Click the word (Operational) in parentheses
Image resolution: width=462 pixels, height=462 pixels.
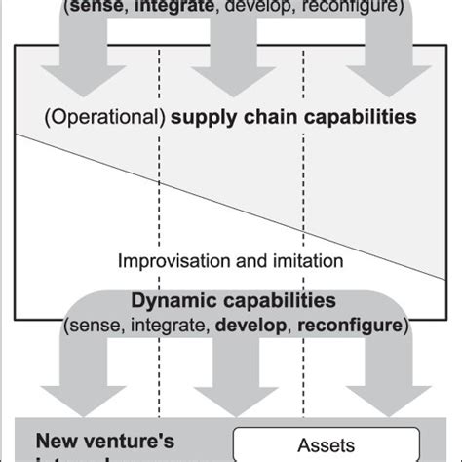point(105,118)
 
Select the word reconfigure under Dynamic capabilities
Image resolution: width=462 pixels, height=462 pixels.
point(348,323)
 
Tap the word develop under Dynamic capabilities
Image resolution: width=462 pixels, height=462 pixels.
point(258,323)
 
